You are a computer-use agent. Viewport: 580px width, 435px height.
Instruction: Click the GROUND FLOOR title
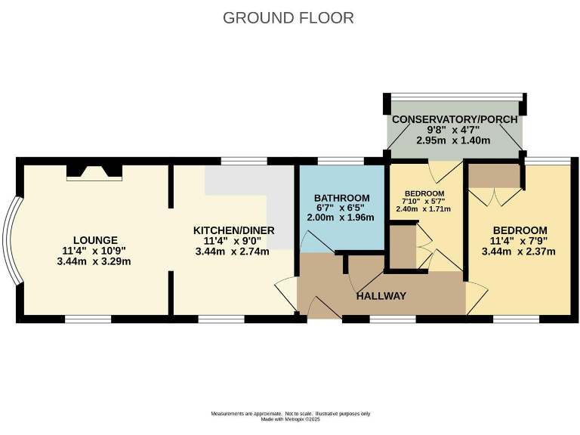click(288, 17)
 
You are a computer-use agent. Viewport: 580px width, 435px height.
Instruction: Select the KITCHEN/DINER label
click(233, 230)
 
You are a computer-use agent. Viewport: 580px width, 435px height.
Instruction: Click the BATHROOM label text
click(342, 198)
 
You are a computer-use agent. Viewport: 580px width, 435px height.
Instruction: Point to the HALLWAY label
click(381, 295)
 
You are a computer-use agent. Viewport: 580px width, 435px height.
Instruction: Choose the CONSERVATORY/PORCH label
click(455, 119)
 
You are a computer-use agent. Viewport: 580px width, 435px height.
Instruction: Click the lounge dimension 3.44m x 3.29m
click(94, 261)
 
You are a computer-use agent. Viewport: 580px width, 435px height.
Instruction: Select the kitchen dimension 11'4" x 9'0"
click(233, 241)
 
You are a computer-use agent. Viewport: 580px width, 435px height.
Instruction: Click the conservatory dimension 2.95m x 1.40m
click(455, 141)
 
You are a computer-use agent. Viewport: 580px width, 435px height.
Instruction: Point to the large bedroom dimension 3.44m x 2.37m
click(520, 251)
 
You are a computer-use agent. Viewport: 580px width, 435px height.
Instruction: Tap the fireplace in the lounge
click(94, 172)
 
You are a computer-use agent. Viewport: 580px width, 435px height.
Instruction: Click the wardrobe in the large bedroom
click(494, 177)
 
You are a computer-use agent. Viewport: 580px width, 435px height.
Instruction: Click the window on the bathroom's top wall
click(341, 161)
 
